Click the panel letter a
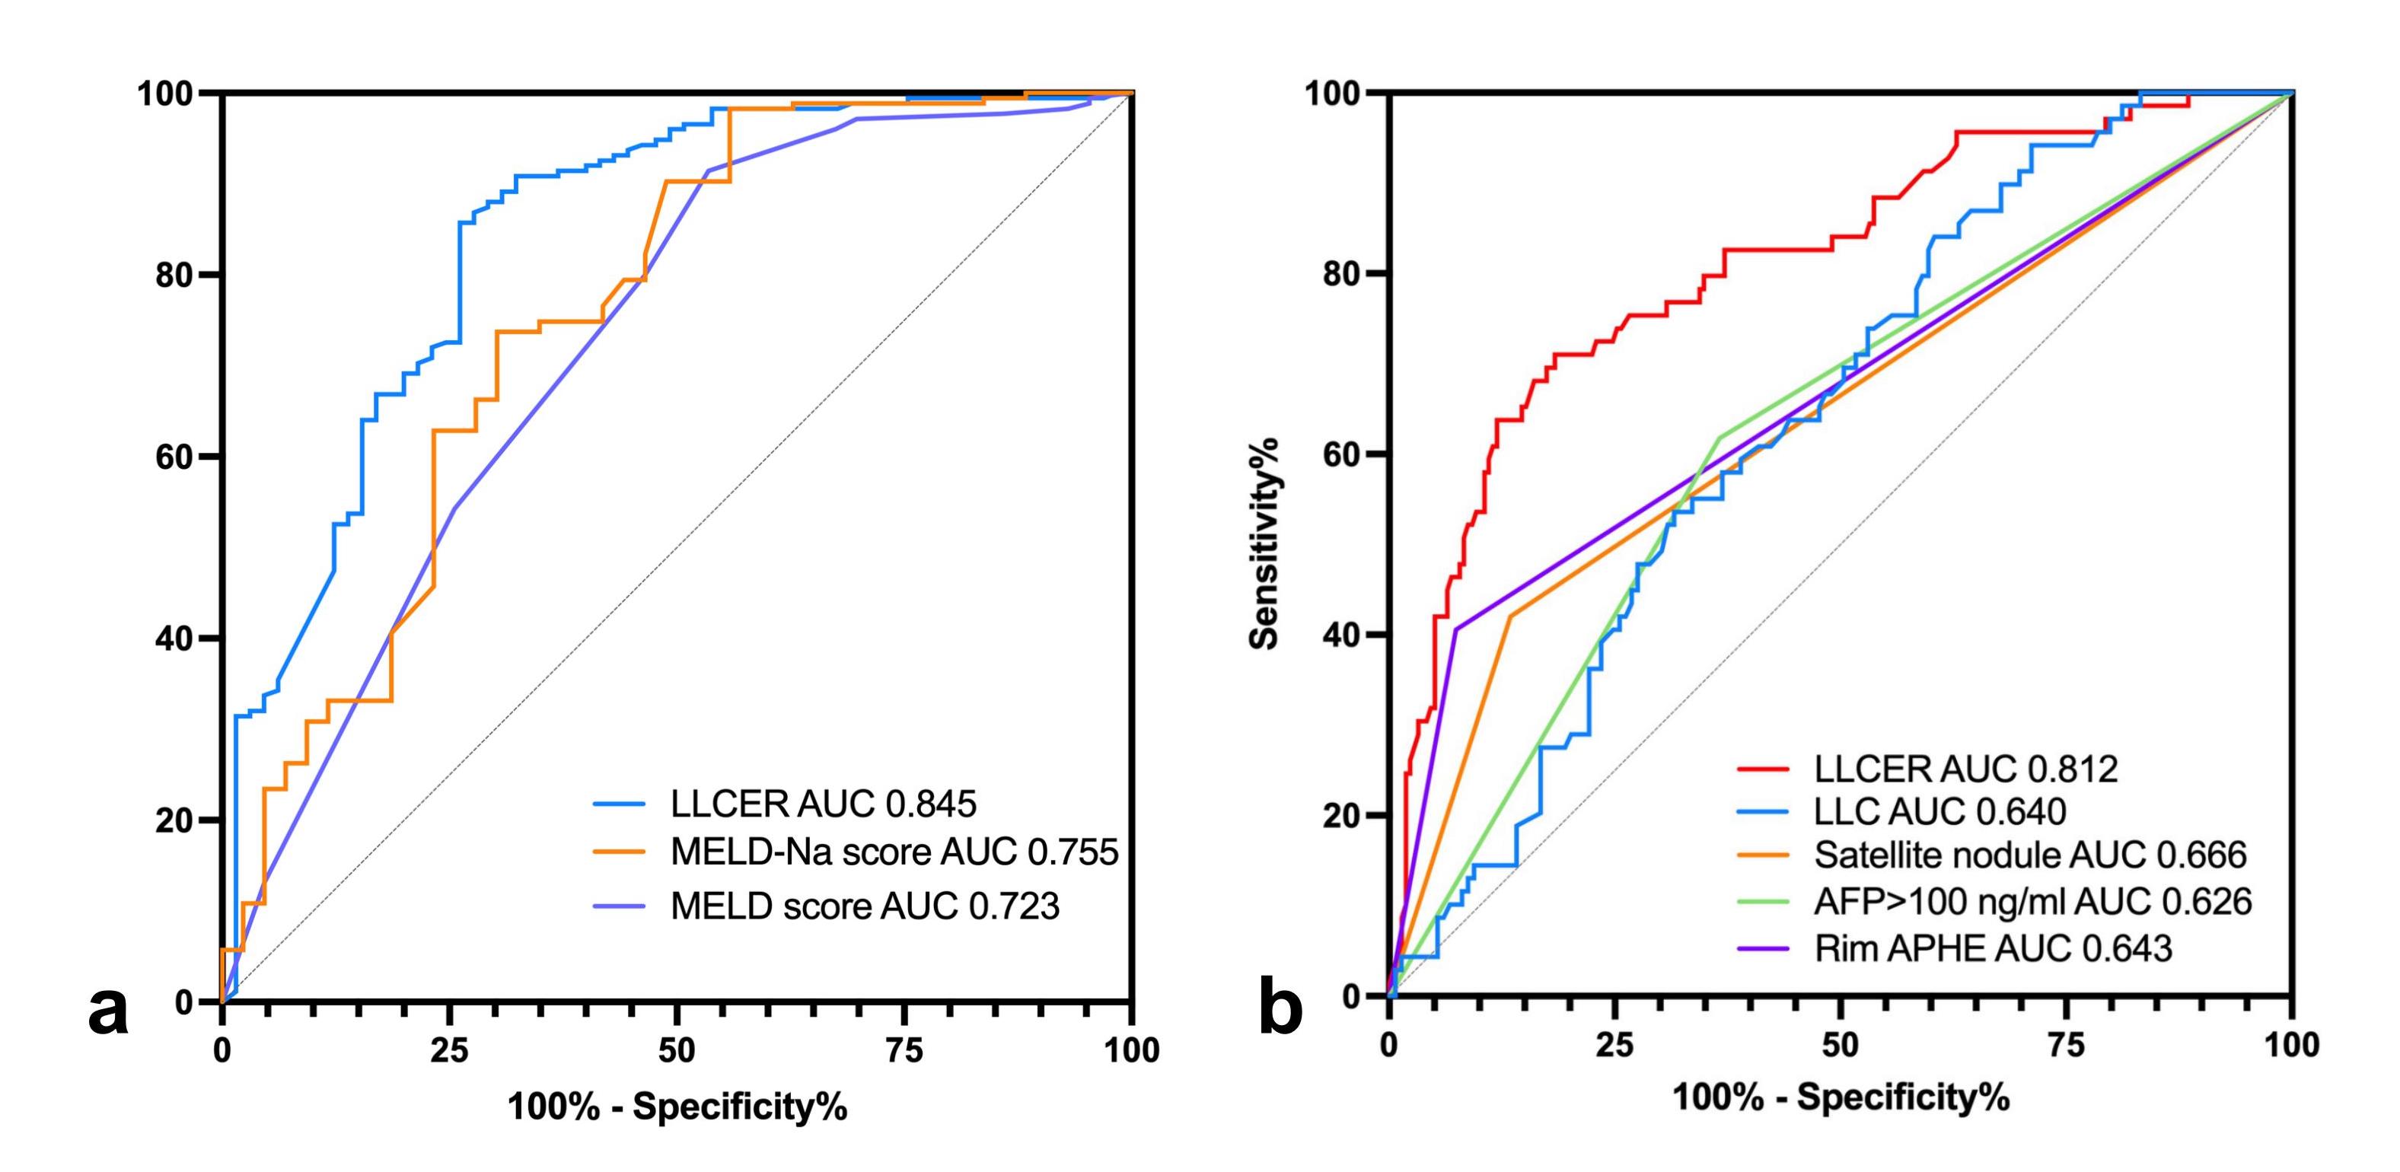point(108,1011)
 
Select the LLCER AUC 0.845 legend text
point(824,803)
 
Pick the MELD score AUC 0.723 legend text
point(865,906)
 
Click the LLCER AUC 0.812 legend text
point(1966,769)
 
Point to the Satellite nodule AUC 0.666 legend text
point(2030,855)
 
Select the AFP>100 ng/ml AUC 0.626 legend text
point(2033,901)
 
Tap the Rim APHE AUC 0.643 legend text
point(1993,948)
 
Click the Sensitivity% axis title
point(1264,543)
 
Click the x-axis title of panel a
point(677,1106)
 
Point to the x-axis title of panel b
point(1841,1097)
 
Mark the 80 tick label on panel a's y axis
point(174,275)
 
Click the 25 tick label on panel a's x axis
point(448,1051)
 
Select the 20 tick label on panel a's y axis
point(174,820)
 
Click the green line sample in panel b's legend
point(1764,901)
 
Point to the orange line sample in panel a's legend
point(620,852)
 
